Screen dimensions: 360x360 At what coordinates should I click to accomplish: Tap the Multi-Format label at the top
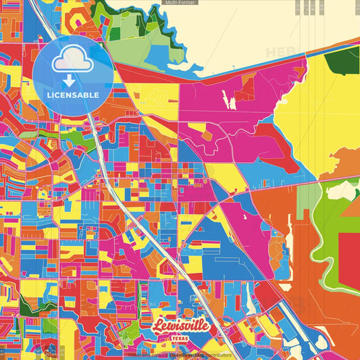(179, 3)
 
